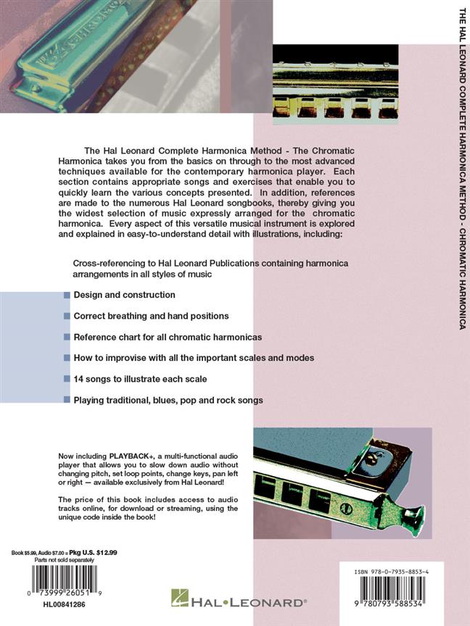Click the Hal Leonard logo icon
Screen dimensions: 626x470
[x=179, y=598]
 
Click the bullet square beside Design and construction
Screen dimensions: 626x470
[x=67, y=296]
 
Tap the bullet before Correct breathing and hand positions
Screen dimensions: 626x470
[x=67, y=317]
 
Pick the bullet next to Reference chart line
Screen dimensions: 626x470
[x=67, y=338]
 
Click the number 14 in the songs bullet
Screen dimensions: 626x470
[x=78, y=379]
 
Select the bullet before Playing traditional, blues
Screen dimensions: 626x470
[x=67, y=400]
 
